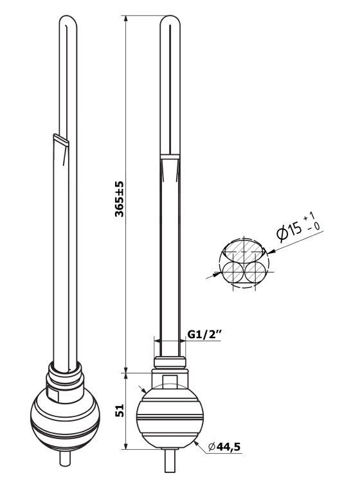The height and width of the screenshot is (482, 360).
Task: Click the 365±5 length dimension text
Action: [x=120, y=199]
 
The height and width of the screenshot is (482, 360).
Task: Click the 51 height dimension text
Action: [x=120, y=411]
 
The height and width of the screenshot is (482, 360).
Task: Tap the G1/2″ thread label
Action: [x=204, y=334]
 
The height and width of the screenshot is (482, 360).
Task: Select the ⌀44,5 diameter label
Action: [x=224, y=447]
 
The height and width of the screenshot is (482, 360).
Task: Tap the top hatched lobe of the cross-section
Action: [x=244, y=249]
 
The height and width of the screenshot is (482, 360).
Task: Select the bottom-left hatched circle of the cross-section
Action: [x=233, y=272]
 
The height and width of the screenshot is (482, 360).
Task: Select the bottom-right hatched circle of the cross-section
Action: [x=255, y=272]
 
